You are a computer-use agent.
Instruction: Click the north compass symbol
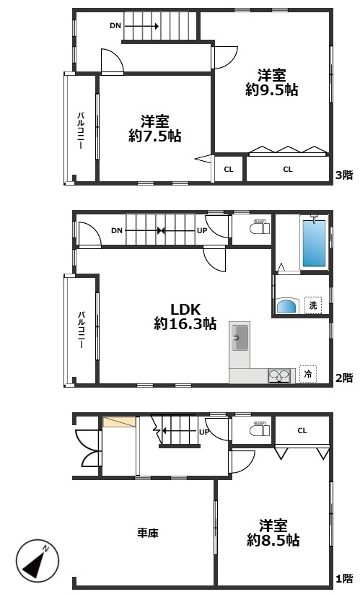(38, 561)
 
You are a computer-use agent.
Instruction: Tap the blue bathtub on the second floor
(314, 243)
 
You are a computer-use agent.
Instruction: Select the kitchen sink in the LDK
(240, 337)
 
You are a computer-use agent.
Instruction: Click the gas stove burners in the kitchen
(279, 376)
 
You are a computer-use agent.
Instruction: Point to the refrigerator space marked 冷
(308, 374)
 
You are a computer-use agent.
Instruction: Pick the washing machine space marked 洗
(313, 305)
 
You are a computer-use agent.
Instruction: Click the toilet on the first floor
(260, 429)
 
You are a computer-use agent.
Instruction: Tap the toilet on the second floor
(260, 227)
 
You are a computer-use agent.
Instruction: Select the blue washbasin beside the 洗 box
(287, 305)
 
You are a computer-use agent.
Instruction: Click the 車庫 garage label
(148, 533)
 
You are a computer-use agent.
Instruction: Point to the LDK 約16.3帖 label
(185, 317)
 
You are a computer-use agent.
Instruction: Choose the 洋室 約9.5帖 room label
(272, 82)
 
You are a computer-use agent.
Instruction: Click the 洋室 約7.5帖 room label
(155, 129)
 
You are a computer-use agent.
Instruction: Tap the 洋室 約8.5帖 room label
(273, 533)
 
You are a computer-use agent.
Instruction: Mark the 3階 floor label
(344, 175)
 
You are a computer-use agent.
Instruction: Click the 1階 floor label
(344, 579)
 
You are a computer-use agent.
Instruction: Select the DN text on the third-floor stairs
(115, 26)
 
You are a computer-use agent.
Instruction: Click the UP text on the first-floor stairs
(204, 432)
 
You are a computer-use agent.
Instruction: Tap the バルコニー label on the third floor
(81, 130)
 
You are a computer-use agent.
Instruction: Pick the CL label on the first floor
(302, 431)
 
